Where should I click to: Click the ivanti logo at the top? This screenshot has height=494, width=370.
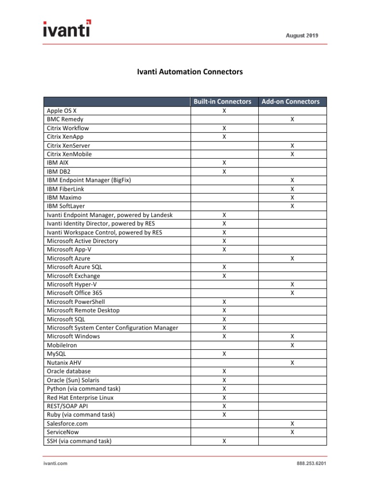point(66,28)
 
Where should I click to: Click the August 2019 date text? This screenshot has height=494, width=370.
point(302,36)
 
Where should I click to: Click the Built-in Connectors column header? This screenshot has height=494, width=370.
point(223,102)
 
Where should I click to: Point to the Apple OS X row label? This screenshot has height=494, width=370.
point(62,111)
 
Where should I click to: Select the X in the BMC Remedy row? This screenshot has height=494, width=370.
point(292,120)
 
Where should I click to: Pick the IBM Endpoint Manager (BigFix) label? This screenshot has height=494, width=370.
point(89,180)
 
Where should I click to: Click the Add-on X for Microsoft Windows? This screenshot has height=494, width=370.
point(292,337)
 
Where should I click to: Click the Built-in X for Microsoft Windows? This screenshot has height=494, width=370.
point(224,337)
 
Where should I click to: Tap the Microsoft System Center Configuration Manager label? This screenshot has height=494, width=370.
point(112,328)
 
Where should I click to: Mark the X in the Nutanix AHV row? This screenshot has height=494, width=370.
point(292,363)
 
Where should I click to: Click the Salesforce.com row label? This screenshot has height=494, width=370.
point(67,424)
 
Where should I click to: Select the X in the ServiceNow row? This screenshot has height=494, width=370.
point(292,432)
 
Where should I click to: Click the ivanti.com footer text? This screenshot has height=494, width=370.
point(53,464)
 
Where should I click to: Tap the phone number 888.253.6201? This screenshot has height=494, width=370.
point(312,464)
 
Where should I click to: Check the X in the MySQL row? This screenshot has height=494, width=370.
point(224,354)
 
